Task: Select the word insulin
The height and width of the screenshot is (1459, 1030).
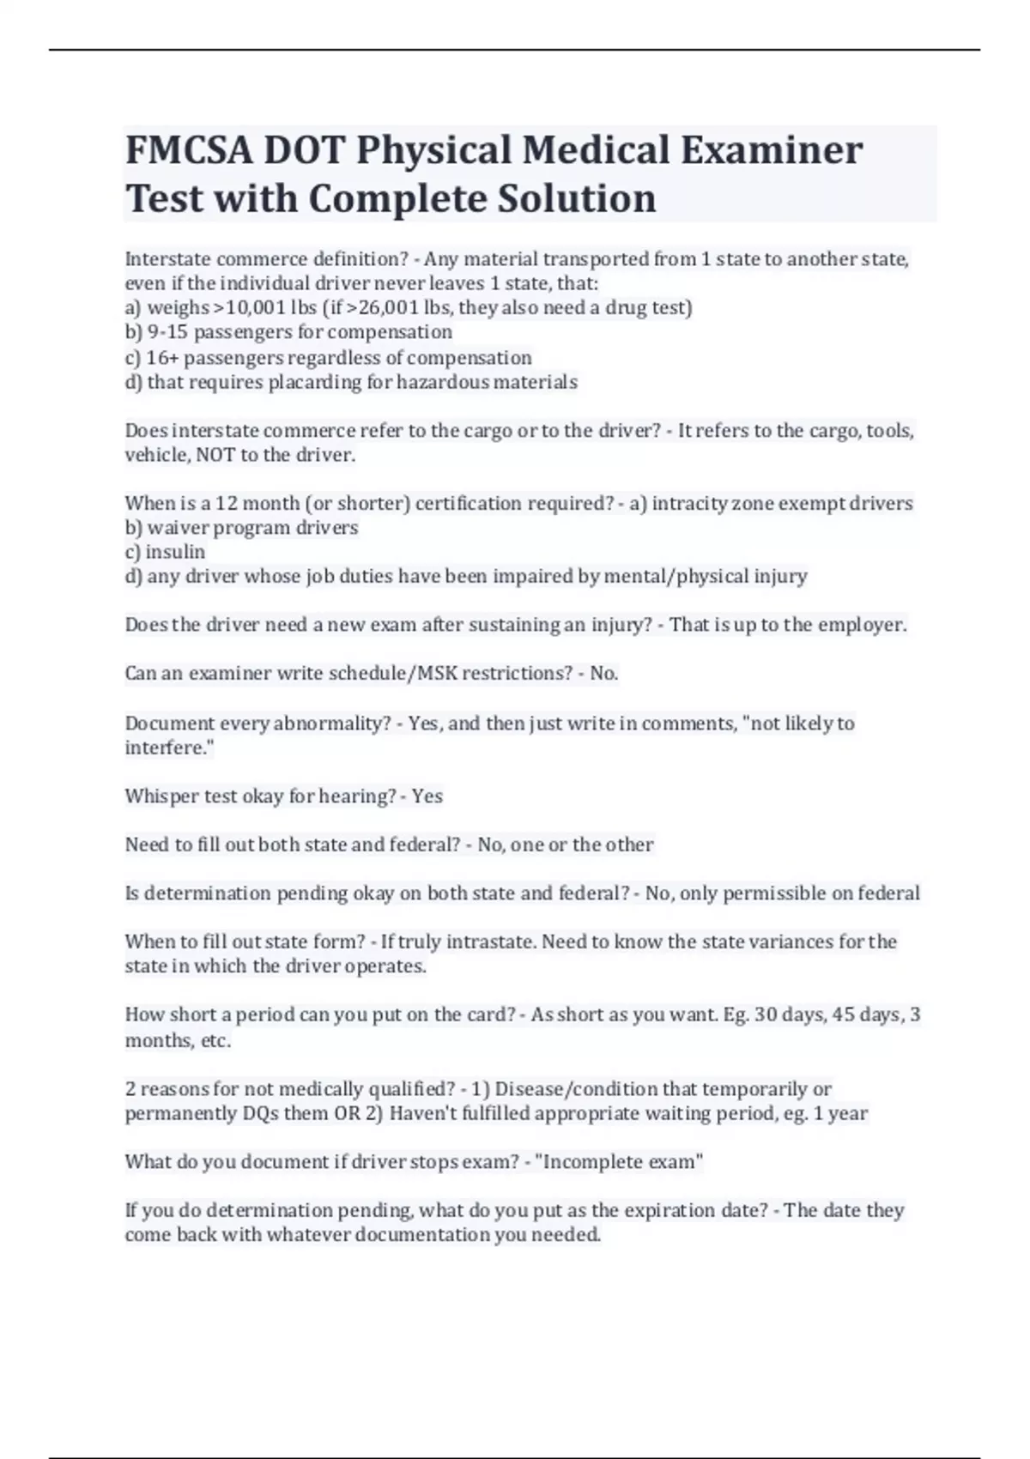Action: tap(175, 552)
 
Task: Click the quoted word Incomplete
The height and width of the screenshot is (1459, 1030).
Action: tap(591, 1162)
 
